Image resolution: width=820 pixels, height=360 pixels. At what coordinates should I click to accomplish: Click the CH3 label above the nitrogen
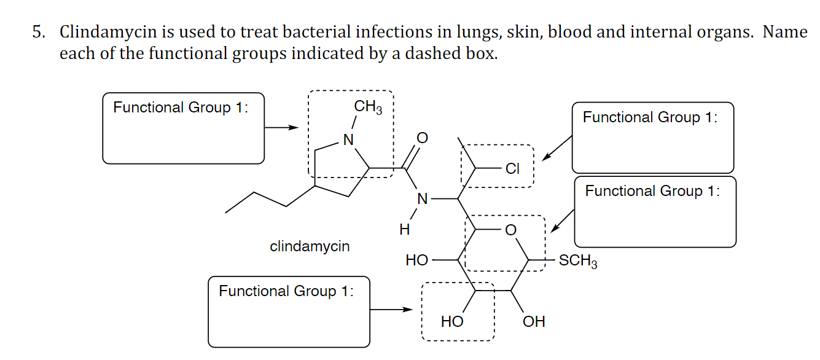pos(368,108)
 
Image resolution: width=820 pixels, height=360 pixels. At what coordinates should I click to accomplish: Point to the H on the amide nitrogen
pos(404,230)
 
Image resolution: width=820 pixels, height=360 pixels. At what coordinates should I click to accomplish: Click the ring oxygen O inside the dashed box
pos(509,230)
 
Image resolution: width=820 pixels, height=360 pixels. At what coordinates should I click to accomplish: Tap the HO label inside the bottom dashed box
pos(452,321)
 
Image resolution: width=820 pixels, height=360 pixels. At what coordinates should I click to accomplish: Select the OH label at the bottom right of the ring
pos(533,321)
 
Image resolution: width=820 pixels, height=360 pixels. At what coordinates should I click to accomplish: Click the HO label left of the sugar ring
pos(417,260)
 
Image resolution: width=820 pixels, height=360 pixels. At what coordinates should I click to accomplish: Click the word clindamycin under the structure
pos(310,246)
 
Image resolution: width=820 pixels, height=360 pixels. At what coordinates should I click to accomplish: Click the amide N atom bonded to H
pos(421,198)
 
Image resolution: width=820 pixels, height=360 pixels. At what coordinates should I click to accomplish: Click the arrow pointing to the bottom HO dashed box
pos(392,310)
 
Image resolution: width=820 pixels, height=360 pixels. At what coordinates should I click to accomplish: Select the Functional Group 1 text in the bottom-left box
pos(286,291)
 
